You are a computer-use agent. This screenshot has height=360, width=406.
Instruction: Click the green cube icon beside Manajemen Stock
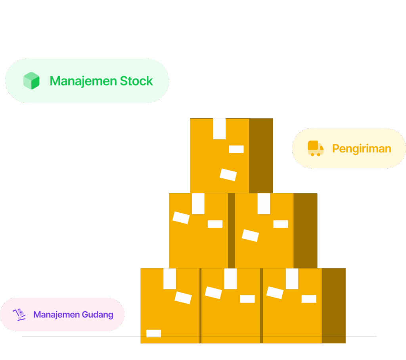point(31,81)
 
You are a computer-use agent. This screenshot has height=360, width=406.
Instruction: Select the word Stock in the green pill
point(136,81)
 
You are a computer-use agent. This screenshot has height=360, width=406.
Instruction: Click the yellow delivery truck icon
point(316,148)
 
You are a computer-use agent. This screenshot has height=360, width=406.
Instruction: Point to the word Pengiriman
point(362,148)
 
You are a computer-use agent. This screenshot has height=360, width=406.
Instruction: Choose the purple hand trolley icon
point(19,314)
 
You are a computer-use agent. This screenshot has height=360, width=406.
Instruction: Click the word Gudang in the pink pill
point(98,315)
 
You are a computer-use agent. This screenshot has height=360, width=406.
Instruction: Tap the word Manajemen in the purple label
point(56,315)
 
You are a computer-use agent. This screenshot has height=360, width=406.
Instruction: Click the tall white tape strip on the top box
point(219,129)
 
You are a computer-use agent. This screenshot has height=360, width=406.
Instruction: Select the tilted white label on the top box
point(228,175)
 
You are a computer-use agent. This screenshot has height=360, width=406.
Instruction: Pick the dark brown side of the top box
point(261,155)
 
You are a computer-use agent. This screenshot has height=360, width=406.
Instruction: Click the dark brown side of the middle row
point(305,230)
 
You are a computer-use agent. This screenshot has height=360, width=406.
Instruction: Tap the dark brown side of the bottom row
point(333,305)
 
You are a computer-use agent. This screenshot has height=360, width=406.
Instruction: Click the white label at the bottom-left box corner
point(153,333)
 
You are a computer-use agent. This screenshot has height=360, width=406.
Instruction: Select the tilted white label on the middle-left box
point(181,218)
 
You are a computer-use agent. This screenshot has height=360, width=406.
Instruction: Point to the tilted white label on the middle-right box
point(250,235)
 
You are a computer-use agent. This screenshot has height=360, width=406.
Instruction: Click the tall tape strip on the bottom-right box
point(292,279)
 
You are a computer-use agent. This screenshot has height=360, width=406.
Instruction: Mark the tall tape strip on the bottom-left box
point(169,279)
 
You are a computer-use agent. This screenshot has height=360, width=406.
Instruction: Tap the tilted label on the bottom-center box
point(213,293)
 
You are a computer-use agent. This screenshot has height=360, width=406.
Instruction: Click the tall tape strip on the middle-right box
point(264,204)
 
